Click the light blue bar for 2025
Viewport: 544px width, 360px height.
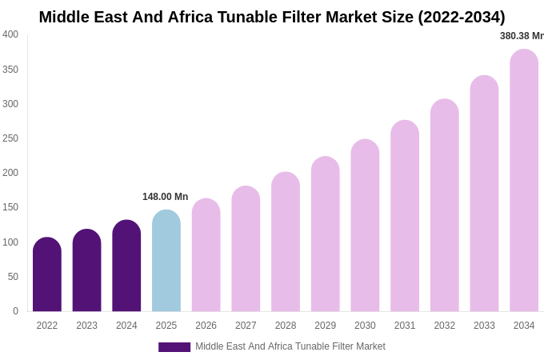click(x=166, y=261)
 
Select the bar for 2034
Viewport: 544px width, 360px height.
click(x=524, y=181)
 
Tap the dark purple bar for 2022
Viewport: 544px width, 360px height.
click(x=47, y=274)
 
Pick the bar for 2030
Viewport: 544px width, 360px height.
click(x=365, y=226)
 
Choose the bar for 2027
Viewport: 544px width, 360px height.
click(x=246, y=249)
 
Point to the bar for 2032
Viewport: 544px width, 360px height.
click(x=445, y=206)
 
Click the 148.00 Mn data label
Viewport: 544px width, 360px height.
click(x=165, y=197)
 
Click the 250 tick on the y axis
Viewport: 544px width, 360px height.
click(x=10, y=138)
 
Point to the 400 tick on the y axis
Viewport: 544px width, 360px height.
click(x=10, y=34)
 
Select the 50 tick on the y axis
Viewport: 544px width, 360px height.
click(x=13, y=277)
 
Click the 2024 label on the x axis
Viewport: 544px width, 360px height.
click(x=126, y=326)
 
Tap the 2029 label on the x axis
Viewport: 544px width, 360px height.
click(x=326, y=326)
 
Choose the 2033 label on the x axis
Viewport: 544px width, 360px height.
click(x=484, y=326)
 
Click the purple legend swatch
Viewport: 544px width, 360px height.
click(x=174, y=347)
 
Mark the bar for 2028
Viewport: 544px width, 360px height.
click(x=286, y=242)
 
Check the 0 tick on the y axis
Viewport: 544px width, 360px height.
click(x=15, y=311)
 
